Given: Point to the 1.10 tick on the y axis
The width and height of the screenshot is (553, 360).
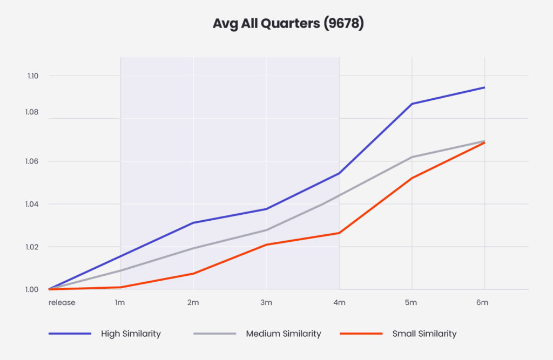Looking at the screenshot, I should tap(33, 76).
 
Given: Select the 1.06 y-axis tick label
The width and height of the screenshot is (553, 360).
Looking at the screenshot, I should tap(33, 161).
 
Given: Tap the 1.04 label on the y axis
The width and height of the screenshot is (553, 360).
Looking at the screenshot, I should tap(33, 204).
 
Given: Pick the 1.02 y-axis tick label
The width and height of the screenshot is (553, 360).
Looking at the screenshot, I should tap(33, 247).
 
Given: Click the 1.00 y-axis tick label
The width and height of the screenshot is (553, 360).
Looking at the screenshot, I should tap(33, 289).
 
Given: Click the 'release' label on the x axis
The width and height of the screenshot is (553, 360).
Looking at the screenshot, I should tap(62, 302).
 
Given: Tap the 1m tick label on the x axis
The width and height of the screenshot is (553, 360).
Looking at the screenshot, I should tap(120, 302).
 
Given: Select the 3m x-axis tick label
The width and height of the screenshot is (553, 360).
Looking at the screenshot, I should tap(266, 302).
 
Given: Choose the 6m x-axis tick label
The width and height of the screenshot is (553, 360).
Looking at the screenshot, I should tap(482, 302).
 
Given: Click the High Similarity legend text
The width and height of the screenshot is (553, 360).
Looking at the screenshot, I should tap(131, 334).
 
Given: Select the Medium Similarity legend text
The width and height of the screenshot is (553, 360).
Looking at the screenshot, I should tap(283, 334).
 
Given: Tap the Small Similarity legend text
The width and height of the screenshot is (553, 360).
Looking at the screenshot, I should tap(424, 334).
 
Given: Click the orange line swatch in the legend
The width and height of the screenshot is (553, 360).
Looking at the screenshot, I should tap(361, 334).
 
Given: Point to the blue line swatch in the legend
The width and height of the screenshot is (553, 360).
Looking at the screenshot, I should tap(70, 334).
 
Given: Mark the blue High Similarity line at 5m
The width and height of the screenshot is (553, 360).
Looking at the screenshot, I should tap(412, 104).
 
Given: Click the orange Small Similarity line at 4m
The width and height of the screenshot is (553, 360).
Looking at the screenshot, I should tap(339, 233).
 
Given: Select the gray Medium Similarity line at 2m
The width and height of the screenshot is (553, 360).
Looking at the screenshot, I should tap(193, 248).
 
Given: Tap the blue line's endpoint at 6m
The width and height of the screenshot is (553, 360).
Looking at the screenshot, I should tap(484, 87).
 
